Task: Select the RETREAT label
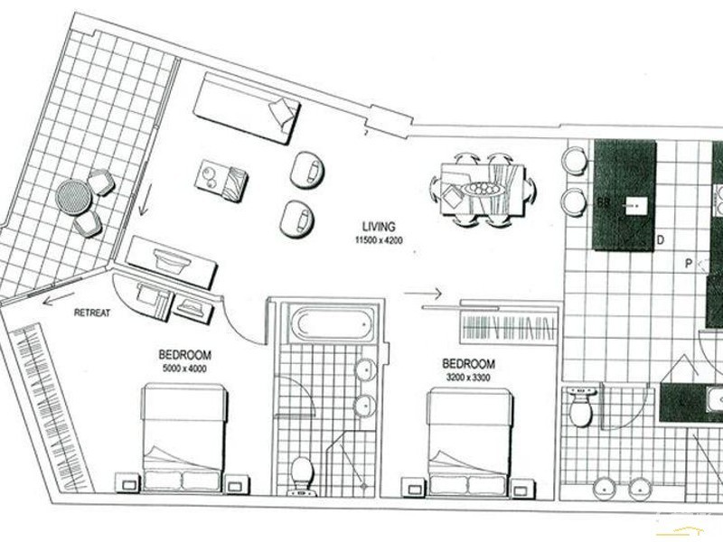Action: pyautogui.click(x=92, y=313)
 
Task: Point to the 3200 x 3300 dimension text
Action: pyautogui.click(x=469, y=377)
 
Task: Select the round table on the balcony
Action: pyautogui.click(x=71, y=194)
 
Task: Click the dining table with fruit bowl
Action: pyautogui.click(x=483, y=190)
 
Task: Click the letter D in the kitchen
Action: pyautogui.click(x=661, y=239)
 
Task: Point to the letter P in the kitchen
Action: pyautogui.click(x=688, y=264)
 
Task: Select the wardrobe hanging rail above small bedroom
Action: pyautogui.click(x=506, y=327)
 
